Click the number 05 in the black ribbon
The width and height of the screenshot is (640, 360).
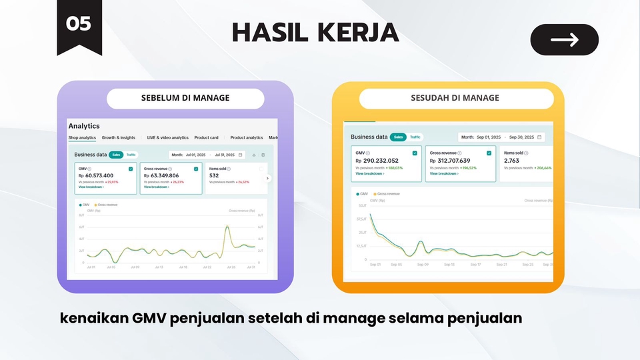(x=79, y=24)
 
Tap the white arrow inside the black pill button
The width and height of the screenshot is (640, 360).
(x=564, y=40)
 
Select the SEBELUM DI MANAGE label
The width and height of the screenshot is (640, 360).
(x=185, y=98)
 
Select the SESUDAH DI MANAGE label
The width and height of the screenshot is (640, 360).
(x=455, y=98)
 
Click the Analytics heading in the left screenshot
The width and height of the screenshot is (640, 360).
(x=84, y=125)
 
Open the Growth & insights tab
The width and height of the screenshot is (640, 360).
(x=119, y=138)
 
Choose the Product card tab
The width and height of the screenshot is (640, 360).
(x=206, y=138)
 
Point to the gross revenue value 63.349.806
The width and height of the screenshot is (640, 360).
(x=164, y=175)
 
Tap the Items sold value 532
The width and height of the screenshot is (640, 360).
(x=214, y=175)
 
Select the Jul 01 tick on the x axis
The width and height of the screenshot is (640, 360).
(x=91, y=267)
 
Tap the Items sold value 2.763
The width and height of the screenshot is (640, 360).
(x=511, y=161)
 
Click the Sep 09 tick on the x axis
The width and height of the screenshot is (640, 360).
(x=422, y=265)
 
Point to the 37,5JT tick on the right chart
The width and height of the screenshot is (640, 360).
(x=361, y=219)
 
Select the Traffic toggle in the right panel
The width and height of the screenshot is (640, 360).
(x=415, y=137)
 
